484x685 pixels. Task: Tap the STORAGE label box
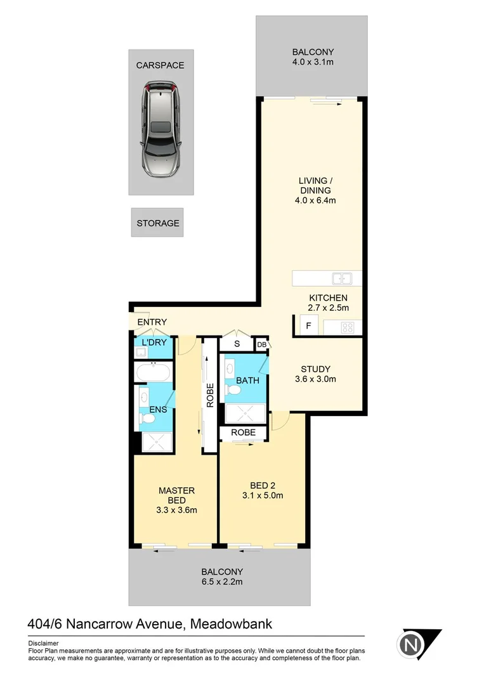coord(157,223)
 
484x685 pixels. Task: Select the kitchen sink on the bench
coord(343,278)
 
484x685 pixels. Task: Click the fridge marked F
coord(308,327)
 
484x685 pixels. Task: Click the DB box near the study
coord(261,344)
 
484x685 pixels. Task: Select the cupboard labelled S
coord(236,344)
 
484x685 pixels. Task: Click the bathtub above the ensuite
coord(153,372)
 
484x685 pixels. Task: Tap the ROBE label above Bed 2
coord(243,433)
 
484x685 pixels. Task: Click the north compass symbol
coord(412,645)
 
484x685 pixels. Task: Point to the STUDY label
coord(315,369)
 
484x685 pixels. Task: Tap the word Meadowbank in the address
coord(231,624)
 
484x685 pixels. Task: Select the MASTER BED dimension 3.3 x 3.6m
coord(176,510)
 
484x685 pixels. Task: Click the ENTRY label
coord(152,322)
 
